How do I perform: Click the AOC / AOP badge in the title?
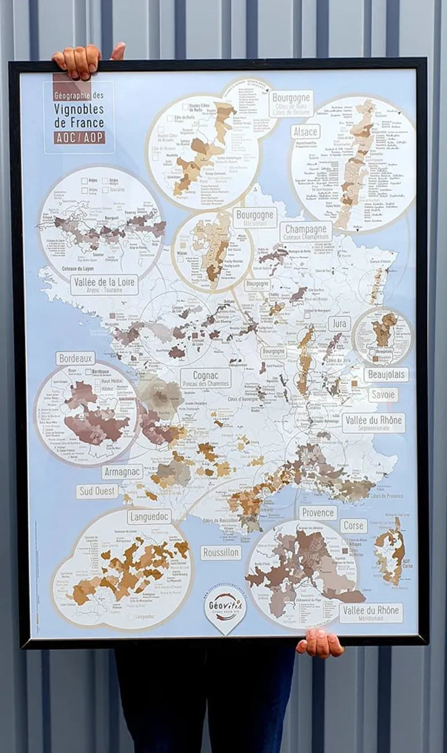click(80, 137)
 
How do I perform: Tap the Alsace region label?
click(305, 132)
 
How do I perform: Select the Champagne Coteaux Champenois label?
click(306, 232)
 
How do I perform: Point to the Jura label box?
click(339, 323)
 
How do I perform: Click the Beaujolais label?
click(386, 374)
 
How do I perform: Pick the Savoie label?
click(382, 395)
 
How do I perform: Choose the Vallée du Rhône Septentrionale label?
click(373, 423)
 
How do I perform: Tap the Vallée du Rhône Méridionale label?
click(371, 612)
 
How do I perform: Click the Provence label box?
click(318, 513)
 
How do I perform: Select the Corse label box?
click(353, 525)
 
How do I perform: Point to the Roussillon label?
click(221, 552)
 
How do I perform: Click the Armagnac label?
click(122, 472)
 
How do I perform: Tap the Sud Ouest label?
click(98, 491)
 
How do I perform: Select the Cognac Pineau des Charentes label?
click(206, 378)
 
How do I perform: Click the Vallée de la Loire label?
click(104, 284)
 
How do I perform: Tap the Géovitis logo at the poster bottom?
click(225, 606)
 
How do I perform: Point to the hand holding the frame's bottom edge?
click(320, 644)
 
